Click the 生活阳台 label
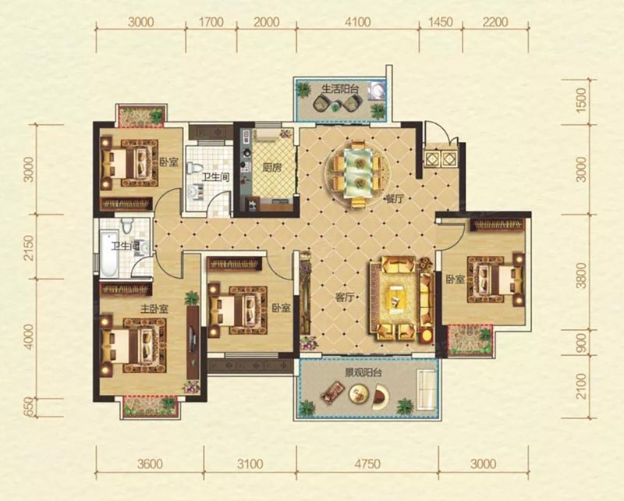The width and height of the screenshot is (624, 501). pyautogui.click(x=340, y=89)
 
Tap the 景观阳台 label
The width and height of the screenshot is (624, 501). pyautogui.click(x=363, y=373)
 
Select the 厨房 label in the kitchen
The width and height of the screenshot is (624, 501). pyautogui.click(x=271, y=168)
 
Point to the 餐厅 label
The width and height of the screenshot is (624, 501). pyautogui.click(x=395, y=199)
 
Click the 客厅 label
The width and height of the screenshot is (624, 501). pyautogui.click(x=345, y=297)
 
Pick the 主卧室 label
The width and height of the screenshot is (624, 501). pyautogui.click(x=154, y=309)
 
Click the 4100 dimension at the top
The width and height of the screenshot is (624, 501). pyautogui.click(x=358, y=22)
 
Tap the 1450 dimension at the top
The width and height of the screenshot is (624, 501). pyautogui.click(x=440, y=22)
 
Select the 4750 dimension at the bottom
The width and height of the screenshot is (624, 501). pyautogui.click(x=367, y=464)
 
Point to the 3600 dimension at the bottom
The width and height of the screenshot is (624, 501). pyautogui.click(x=150, y=464)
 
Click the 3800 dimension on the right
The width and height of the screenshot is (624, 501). pyautogui.click(x=581, y=275)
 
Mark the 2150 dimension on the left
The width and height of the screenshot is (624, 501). pyautogui.click(x=29, y=247)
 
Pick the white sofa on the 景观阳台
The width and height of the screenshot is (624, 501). pyautogui.click(x=426, y=387)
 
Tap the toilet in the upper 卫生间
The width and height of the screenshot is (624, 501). pyautogui.click(x=194, y=167)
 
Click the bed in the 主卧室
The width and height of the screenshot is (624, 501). pyautogui.click(x=133, y=345)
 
